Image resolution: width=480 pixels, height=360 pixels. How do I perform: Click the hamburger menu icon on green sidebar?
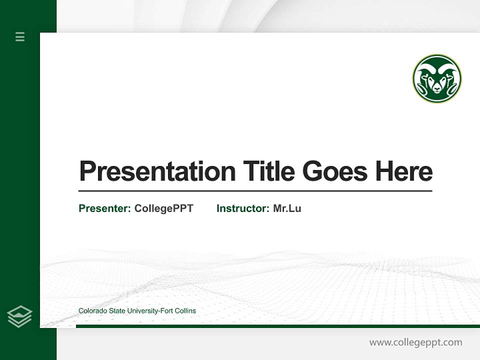(20, 36)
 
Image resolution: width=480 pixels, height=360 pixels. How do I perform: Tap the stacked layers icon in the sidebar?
(19, 316)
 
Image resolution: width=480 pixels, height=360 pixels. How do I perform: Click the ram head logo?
(436, 78)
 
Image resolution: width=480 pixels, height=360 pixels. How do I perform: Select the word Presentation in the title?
(157, 171)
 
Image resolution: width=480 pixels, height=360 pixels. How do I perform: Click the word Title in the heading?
(268, 171)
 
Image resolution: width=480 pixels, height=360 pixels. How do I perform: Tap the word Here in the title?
(403, 171)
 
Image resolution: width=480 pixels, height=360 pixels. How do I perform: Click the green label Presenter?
(104, 208)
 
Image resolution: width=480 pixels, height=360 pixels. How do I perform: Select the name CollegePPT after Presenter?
(163, 208)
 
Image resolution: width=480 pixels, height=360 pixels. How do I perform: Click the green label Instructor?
(242, 208)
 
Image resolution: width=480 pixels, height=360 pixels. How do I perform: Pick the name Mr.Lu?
(287, 208)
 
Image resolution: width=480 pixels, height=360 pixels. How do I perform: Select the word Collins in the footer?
(185, 311)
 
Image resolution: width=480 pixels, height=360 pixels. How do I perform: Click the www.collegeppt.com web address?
(415, 342)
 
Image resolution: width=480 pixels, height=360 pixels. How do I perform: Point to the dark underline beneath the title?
(255, 191)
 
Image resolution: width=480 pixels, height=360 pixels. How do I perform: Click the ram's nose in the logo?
(436, 89)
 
